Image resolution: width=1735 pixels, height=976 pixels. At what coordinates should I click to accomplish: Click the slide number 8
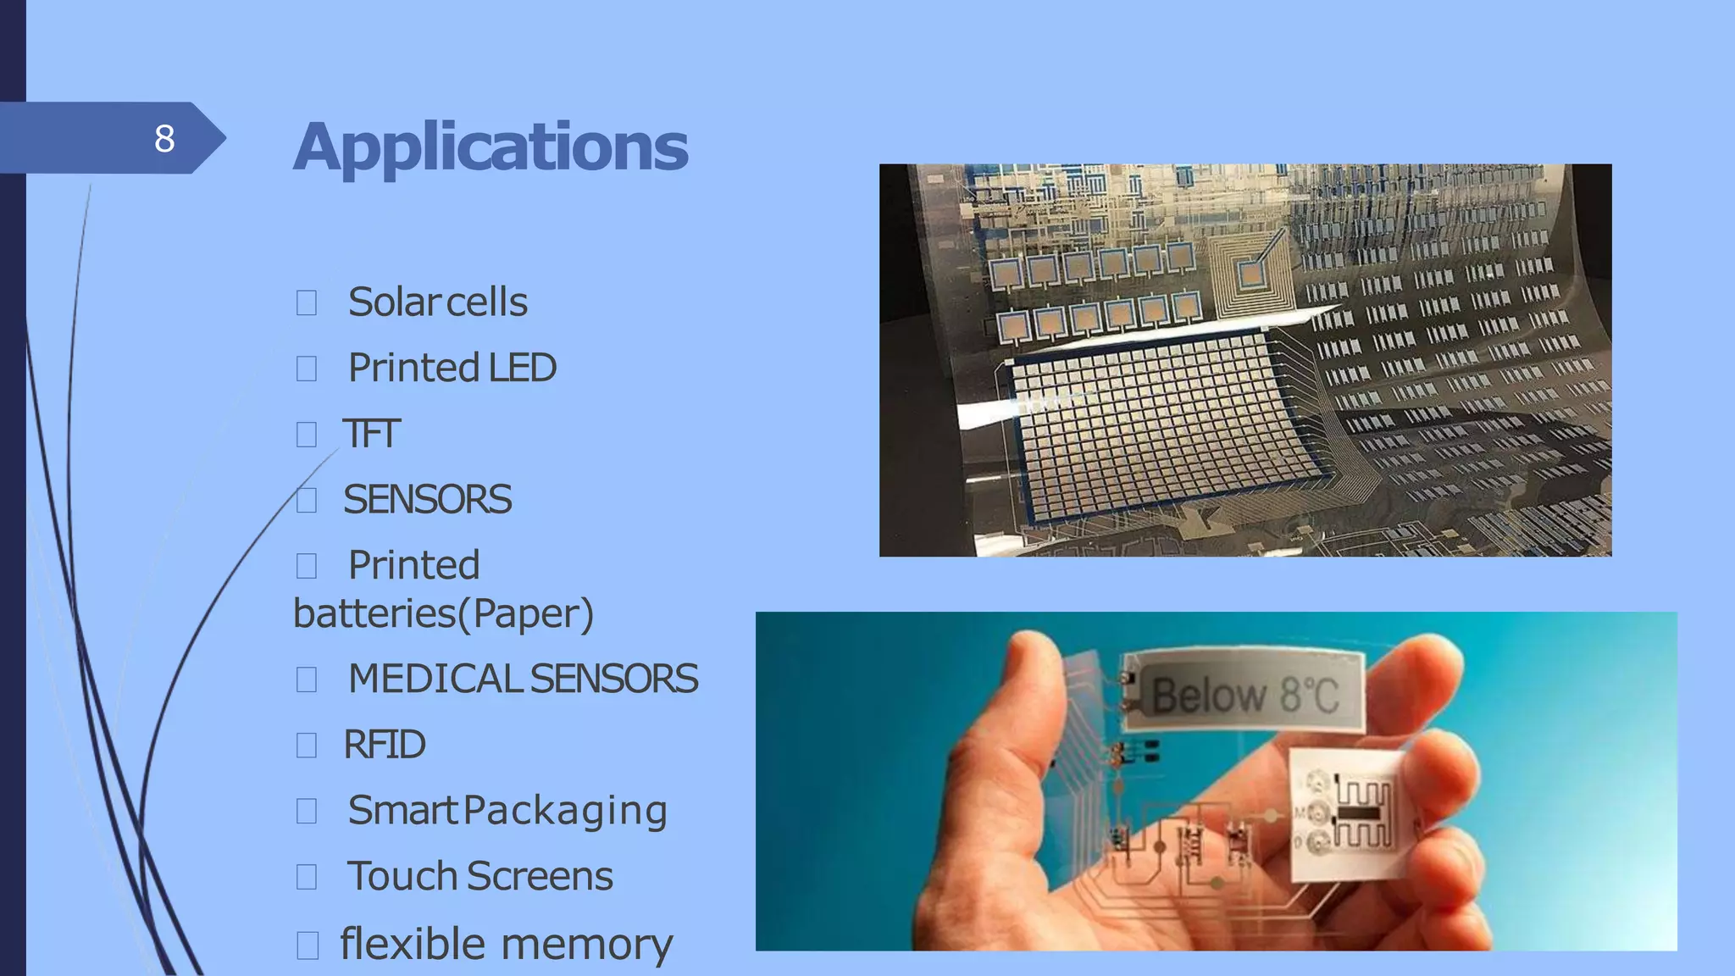tap(164, 138)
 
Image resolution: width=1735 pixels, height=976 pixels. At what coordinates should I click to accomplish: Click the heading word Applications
tap(491, 147)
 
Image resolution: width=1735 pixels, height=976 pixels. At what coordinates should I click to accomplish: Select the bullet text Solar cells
tap(437, 302)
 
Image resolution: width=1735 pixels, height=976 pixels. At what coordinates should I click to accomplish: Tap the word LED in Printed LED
tap(522, 368)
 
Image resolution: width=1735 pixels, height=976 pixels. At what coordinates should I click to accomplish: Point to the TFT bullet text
tap(371, 434)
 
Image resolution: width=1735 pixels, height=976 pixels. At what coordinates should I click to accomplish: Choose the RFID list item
tap(384, 745)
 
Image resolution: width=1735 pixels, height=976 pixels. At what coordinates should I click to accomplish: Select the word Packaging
tap(566, 811)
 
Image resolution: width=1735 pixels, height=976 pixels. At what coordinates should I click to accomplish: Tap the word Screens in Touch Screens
tap(540, 876)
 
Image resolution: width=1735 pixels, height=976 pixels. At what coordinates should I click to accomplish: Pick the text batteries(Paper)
tap(443, 613)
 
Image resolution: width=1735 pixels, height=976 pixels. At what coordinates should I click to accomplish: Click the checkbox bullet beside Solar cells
tap(307, 302)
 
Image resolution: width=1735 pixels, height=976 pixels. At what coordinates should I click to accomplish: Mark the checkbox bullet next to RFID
tap(307, 746)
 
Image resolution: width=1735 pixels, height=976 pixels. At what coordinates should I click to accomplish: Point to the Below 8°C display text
tap(1245, 695)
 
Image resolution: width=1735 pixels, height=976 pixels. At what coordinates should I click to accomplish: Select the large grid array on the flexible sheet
tap(1161, 424)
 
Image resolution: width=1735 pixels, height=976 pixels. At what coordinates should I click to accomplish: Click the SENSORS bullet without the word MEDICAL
tap(427, 500)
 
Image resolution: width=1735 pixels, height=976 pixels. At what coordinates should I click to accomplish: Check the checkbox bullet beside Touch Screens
tap(307, 877)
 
